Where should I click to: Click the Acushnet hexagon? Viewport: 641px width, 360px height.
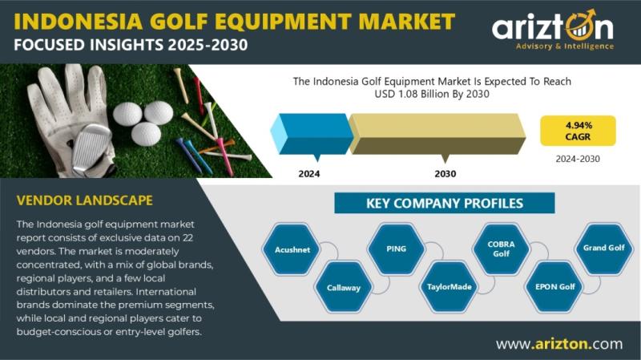coord(292,249)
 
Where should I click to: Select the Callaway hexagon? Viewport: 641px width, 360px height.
coord(344,288)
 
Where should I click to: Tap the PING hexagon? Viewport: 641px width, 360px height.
coord(396,249)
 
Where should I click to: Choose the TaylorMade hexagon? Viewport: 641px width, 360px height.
coord(449,287)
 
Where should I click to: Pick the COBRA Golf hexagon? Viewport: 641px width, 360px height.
coord(502,249)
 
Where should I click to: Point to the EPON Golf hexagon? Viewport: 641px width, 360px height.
coord(554,287)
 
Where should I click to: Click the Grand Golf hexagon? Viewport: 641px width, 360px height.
coord(604,248)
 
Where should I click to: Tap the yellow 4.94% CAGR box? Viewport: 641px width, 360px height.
coord(578,131)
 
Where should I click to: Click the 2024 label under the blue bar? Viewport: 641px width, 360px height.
coord(309,174)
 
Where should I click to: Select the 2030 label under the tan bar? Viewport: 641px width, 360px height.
coord(445,174)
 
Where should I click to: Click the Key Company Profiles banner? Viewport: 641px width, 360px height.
coord(445,204)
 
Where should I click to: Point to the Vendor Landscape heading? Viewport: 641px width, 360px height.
coord(85,200)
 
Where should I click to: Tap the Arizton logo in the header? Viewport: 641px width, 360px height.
coord(553,30)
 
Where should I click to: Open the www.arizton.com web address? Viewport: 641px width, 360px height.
coord(559,344)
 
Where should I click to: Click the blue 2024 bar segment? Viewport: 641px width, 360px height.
coord(312,134)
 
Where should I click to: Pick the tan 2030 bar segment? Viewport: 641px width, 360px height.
coord(437,134)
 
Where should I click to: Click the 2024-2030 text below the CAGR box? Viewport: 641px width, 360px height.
coord(578,159)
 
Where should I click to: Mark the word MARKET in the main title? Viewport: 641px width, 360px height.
coord(403,22)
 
